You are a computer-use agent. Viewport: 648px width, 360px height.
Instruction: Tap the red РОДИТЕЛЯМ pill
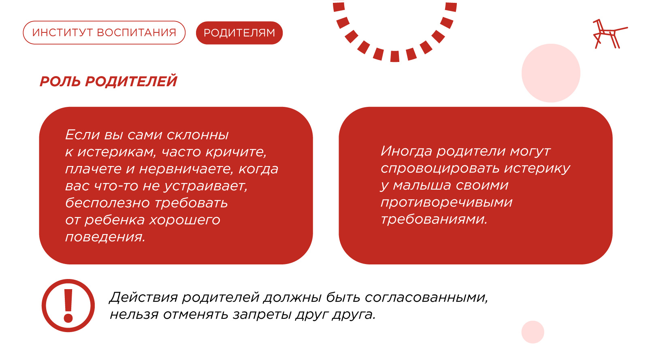[x=239, y=33]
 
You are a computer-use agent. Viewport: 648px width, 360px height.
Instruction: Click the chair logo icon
[x=610, y=34]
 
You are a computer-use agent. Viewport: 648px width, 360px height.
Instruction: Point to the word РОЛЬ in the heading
[x=60, y=81]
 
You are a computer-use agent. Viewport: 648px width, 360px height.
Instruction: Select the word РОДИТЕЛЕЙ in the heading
[x=131, y=81]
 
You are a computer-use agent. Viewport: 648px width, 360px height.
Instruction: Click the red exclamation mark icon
[x=68, y=305]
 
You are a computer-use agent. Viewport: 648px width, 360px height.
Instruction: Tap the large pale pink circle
[x=551, y=73]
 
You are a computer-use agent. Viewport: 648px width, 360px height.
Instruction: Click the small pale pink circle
[x=533, y=332]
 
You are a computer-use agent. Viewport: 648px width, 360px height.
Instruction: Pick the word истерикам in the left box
[x=117, y=152]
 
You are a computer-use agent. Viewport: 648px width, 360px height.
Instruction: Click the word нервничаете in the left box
[x=186, y=169]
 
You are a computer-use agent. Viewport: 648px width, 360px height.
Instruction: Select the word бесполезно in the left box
[x=108, y=203]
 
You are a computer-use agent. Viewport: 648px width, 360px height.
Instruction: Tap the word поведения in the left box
[x=105, y=237]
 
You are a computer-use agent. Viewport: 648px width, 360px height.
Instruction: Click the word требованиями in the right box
[x=434, y=219]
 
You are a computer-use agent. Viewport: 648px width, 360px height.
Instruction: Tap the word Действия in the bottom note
[x=143, y=297]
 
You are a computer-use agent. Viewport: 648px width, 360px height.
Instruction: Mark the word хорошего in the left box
[x=185, y=220]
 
